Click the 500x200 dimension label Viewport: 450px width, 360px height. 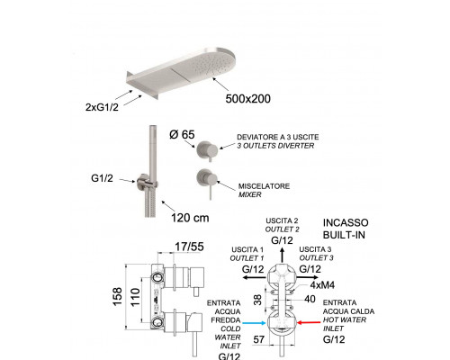point(247,99)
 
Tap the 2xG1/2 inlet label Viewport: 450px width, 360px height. point(102,107)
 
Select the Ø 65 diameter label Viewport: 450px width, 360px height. point(182,134)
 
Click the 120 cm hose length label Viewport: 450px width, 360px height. point(190,218)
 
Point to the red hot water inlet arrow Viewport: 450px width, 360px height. point(309,322)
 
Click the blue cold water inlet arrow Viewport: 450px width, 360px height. point(254,323)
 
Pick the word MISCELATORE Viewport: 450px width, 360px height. point(264,186)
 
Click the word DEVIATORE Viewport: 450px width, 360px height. point(257,137)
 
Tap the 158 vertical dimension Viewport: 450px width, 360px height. point(118,297)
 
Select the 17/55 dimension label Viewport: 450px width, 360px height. point(189,247)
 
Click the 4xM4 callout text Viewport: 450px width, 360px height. point(322,284)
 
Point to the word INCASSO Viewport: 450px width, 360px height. point(346,222)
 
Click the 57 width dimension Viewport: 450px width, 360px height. point(259,339)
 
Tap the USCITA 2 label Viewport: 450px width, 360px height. point(282,220)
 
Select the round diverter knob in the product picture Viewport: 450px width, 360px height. point(207,149)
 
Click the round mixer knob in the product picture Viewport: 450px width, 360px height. point(207,179)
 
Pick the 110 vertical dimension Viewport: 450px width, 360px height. point(135,297)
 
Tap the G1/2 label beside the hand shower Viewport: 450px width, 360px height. point(102,178)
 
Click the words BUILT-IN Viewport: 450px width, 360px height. point(344,235)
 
